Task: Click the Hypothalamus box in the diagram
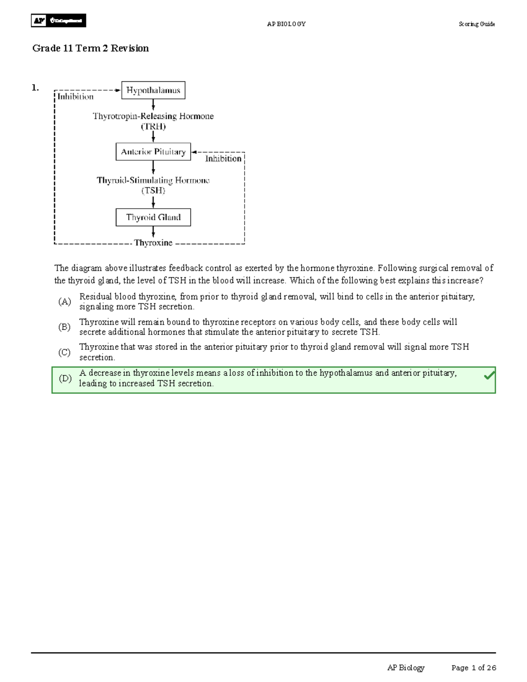[x=153, y=90]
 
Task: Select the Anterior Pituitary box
[x=153, y=152]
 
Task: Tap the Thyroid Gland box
[x=153, y=217]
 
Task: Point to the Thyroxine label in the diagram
[x=153, y=243]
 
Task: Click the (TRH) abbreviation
[x=153, y=127]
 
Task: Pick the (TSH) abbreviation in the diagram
[x=153, y=191]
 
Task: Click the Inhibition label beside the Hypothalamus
[x=76, y=97]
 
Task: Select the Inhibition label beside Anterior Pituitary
[x=223, y=159]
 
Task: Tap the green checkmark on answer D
[x=489, y=376]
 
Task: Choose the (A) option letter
[x=65, y=302]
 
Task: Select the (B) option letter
[x=65, y=327]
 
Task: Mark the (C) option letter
[x=65, y=352]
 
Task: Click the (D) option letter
[x=65, y=378]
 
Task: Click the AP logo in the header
[x=40, y=21]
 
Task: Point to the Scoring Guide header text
[x=476, y=24]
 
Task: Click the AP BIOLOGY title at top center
[x=286, y=24]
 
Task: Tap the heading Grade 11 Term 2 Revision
[x=90, y=48]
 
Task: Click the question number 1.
[x=35, y=88]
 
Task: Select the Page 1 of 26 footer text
[x=473, y=668]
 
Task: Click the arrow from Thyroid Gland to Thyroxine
[x=153, y=232]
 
